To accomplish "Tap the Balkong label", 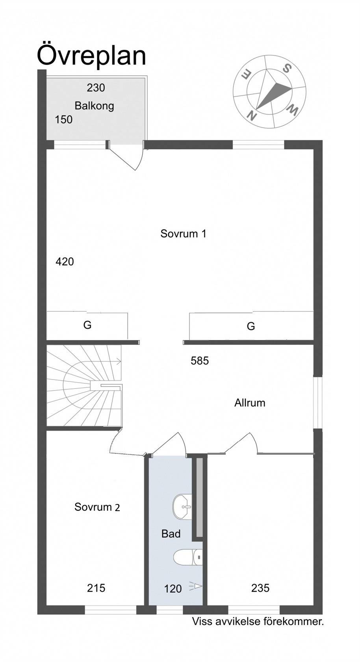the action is (94, 106).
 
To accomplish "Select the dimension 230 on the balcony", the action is (96, 87).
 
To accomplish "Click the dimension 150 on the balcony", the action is (63, 119).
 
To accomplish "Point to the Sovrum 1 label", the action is (183, 233).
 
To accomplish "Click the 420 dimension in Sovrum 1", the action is (65, 262).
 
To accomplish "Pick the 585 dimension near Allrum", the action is (200, 361).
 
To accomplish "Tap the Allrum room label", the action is (250, 403).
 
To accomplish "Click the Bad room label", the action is (171, 534).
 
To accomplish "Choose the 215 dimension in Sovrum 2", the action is (96, 588).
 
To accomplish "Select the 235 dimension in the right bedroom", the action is (260, 588).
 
